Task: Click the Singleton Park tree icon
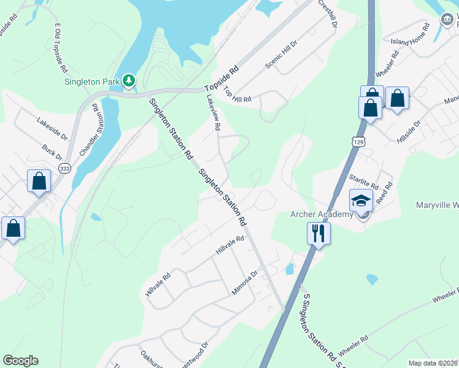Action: pyautogui.click(x=129, y=80)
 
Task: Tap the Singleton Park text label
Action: pyautogui.click(x=93, y=81)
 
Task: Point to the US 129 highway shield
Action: pyautogui.click(x=357, y=142)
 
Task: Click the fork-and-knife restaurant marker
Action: pyautogui.click(x=318, y=232)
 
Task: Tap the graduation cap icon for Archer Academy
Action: pyautogui.click(x=361, y=200)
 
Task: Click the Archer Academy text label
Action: pyautogui.click(x=322, y=214)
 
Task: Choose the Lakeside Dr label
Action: pyautogui.click(x=52, y=127)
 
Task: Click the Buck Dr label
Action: pyautogui.click(x=53, y=153)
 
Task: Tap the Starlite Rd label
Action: pyautogui.click(x=363, y=182)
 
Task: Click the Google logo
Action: pyautogui.click(x=20, y=361)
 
